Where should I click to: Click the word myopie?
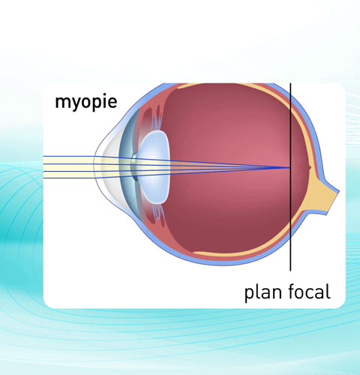click(86, 102)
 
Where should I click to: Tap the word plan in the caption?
click(263, 292)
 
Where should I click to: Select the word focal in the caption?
click(310, 291)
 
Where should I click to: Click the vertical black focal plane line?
click(290, 177)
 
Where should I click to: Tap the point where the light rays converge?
click(289, 168)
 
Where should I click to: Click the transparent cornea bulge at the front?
click(106, 166)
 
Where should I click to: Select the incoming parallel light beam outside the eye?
click(68, 167)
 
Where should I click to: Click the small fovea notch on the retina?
click(310, 167)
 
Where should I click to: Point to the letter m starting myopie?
click(62, 102)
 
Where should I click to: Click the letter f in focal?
click(292, 291)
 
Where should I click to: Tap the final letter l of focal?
click(328, 291)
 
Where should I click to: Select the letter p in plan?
click(250, 295)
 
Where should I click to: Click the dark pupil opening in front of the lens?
click(135, 166)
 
